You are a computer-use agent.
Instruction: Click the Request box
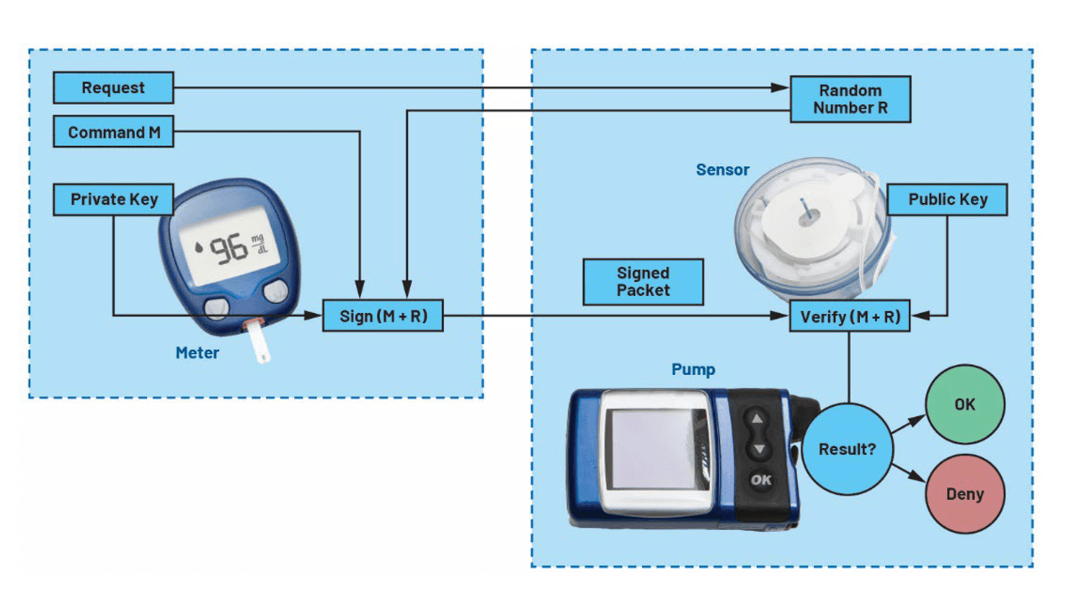113,88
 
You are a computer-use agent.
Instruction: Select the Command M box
113,133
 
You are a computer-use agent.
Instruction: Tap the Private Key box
113,200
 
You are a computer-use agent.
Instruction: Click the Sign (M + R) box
383,317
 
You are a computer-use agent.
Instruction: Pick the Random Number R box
850,100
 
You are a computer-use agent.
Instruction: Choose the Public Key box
947,200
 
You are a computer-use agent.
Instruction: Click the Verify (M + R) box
850,317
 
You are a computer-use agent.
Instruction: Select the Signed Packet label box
644,282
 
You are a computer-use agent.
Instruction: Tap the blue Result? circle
847,449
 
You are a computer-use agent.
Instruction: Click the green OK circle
965,404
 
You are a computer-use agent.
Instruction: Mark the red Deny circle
965,494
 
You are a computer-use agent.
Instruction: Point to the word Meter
197,353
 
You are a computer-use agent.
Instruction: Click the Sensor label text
722,170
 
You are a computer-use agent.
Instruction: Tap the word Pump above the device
693,369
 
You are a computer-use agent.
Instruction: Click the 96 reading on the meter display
228,249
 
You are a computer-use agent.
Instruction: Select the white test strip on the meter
261,346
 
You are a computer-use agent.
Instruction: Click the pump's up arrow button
759,419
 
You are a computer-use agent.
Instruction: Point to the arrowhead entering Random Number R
785,88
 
